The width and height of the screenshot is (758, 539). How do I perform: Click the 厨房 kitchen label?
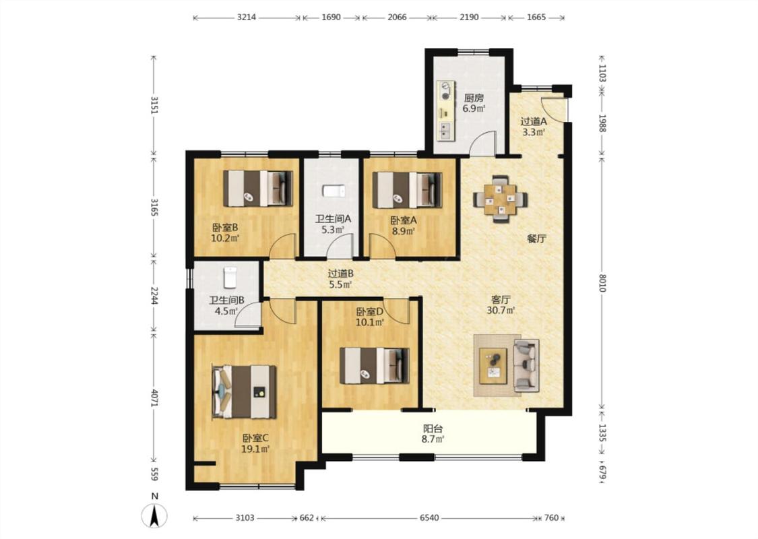(474, 97)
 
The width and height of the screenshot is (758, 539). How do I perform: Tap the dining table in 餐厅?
(501, 199)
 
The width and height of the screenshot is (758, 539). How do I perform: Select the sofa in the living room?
(526, 365)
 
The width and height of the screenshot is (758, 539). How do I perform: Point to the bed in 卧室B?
(257, 188)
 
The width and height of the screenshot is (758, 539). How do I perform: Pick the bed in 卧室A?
(407, 189)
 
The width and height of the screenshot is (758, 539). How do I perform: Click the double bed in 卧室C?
(244, 391)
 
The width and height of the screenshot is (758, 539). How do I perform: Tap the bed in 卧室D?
(374, 365)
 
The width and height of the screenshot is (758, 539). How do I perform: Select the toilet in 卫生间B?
(230, 278)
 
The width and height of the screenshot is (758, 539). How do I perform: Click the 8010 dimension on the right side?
(602, 283)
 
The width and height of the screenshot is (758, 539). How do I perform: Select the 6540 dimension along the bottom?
(429, 517)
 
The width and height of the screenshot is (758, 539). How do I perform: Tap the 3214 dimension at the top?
(247, 18)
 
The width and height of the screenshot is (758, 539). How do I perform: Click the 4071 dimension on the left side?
(154, 398)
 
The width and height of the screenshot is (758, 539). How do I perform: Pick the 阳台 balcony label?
(433, 429)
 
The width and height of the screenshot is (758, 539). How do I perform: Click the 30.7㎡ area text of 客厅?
(501, 311)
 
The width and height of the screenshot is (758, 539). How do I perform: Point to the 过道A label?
(533, 121)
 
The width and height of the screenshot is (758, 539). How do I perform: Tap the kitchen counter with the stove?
(446, 110)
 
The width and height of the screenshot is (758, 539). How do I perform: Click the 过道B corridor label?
(340, 274)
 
